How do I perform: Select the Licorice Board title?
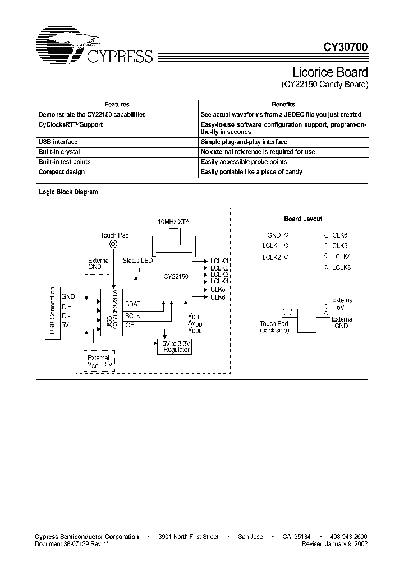(330, 72)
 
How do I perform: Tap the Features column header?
(117, 104)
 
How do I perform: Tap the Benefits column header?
(283, 104)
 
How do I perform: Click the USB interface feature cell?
(58, 142)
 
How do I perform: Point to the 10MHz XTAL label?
(175, 222)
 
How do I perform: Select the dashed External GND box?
(99, 264)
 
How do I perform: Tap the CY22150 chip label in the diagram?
(176, 277)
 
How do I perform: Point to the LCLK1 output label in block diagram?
(219, 261)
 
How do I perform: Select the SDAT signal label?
(133, 304)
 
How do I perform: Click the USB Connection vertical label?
(53, 311)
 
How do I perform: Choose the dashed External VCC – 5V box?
(99, 361)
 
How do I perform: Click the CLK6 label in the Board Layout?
(340, 236)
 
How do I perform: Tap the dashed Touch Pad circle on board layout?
(288, 312)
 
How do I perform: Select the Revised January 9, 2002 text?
(334, 544)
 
